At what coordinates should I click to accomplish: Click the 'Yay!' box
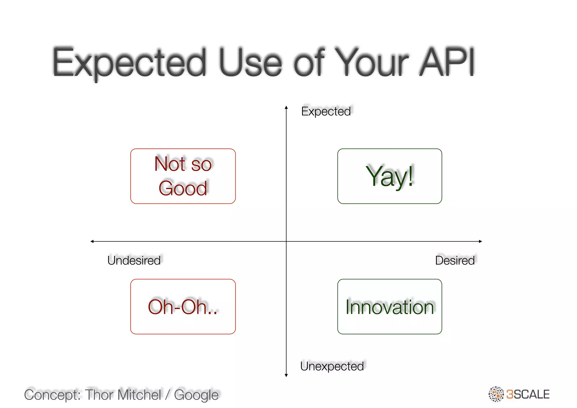tap(390, 176)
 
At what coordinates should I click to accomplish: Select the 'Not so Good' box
tap(183, 176)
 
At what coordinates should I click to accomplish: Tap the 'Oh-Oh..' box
tap(183, 307)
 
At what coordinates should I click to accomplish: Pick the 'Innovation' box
tap(390, 307)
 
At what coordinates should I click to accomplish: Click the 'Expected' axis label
tap(326, 111)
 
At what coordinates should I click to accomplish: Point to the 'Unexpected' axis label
tap(332, 366)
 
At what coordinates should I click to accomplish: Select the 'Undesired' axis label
tap(134, 260)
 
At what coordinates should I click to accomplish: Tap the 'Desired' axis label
tap(455, 260)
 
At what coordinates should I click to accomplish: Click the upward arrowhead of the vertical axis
tap(286, 107)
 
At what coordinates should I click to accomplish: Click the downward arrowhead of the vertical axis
tap(286, 375)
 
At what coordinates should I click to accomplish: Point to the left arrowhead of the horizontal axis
tap(92, 241)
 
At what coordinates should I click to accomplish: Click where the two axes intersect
tap(286, 241)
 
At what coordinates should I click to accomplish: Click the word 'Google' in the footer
tap(196, 395)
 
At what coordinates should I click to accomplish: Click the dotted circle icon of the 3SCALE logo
tap(496, 394)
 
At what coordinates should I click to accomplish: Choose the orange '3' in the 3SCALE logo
tap(510, 394)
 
